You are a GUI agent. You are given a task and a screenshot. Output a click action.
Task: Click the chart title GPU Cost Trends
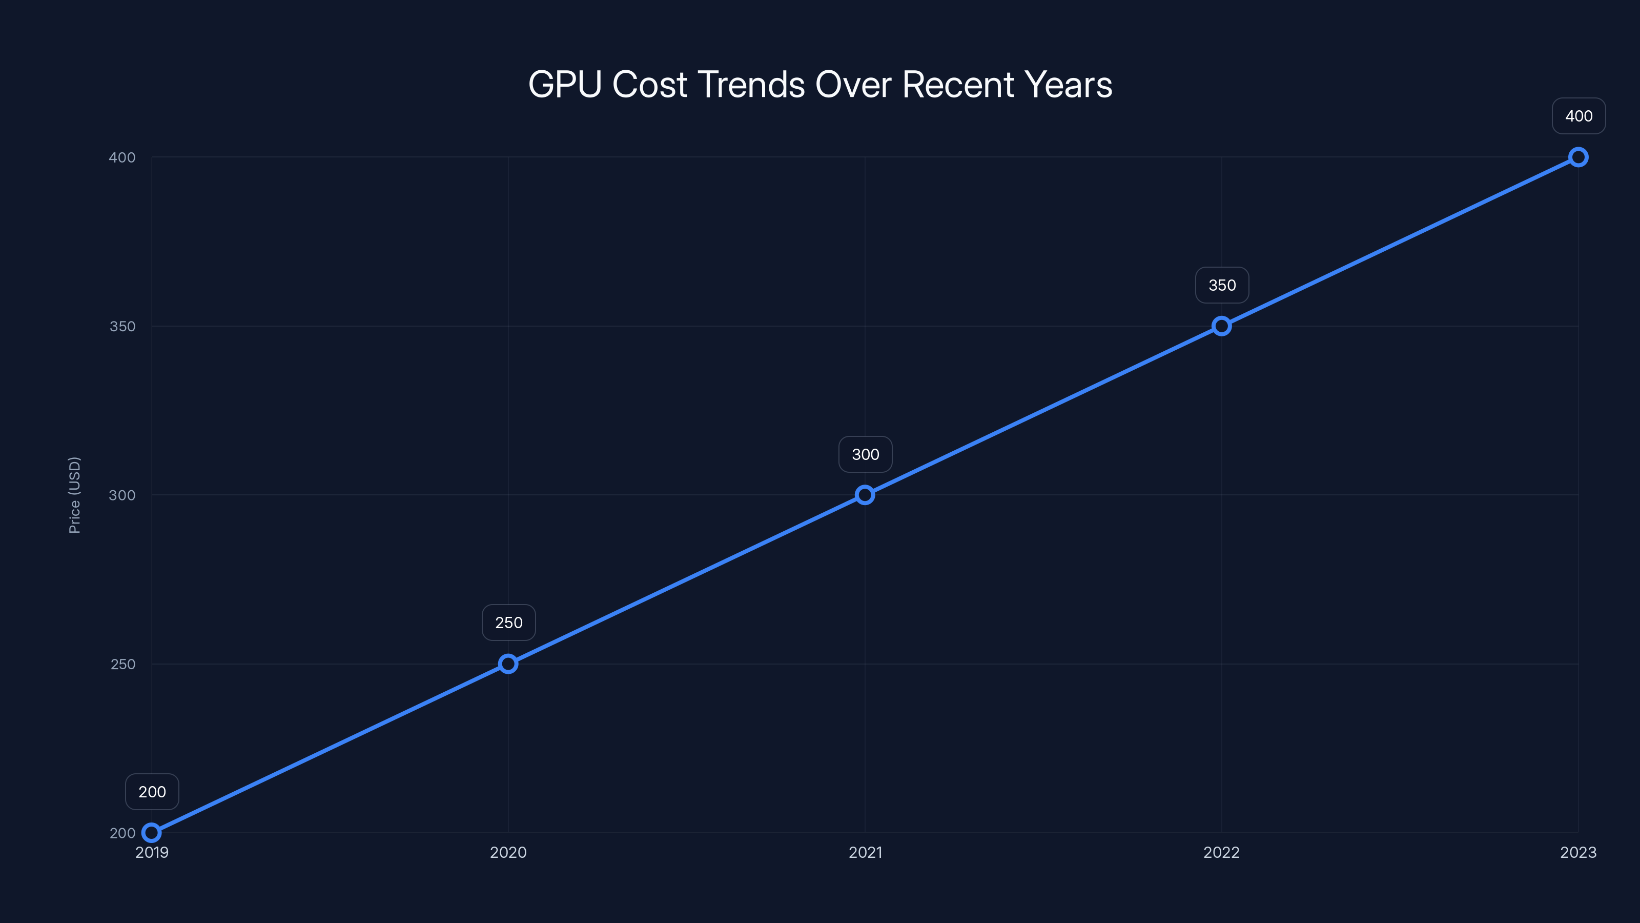coord(820,85)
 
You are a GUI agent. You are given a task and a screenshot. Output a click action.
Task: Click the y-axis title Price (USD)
coord(74,495)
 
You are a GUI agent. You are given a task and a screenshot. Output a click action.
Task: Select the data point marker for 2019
coord(152,833)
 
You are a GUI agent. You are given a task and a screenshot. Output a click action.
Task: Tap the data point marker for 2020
coord(508,664)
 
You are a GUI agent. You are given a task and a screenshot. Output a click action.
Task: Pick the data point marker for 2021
coord(865,495)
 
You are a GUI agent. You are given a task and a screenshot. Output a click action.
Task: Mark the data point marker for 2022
coord(1221,326)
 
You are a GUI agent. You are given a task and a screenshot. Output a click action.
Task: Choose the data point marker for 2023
coord(1577,157)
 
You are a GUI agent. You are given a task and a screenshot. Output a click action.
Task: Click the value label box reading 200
coord(152,792)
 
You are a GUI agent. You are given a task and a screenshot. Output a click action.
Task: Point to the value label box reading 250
coord(509,623)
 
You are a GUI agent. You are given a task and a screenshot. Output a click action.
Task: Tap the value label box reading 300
coord(865,454)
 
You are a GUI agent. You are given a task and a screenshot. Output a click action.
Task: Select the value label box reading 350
coord(1222,286)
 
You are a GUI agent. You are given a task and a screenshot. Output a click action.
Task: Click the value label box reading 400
coord(1578,116)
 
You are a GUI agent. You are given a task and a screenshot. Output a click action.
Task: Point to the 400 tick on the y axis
coord(122,157)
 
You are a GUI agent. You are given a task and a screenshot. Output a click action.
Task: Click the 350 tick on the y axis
coord(122,326)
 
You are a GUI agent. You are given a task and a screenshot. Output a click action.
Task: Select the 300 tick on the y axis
coord(122,495)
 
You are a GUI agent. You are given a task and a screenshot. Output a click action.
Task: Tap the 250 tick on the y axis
coord(122,664)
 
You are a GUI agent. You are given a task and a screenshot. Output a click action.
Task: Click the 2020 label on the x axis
coord(508,852)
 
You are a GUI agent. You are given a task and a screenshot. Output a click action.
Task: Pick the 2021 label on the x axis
coord(865,852)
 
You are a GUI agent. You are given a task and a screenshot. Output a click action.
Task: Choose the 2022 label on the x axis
coord(1221,852)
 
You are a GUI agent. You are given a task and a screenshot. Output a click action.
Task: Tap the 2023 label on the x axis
coord(1577,852)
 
